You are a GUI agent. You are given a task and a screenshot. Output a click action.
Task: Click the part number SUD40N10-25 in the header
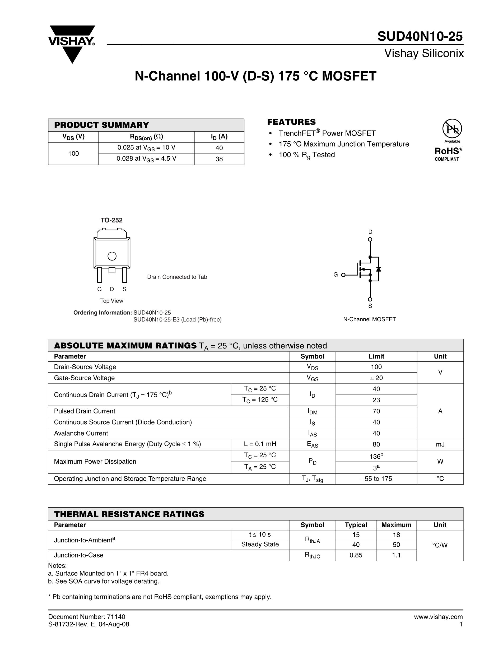click(420, 36)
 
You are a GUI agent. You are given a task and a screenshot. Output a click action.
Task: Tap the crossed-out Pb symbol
click(452, 129)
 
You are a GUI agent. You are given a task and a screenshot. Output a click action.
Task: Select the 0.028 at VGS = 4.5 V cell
click(146, 159)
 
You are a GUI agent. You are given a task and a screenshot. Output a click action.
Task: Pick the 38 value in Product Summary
click(219, 159)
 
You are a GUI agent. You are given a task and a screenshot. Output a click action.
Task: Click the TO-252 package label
click(111, 220)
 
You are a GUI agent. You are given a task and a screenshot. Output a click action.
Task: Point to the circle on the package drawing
click(112, 256)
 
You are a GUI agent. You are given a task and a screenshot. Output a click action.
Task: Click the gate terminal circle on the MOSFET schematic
click(343, 275)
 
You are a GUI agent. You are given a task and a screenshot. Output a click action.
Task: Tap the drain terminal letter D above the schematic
click(370, 232)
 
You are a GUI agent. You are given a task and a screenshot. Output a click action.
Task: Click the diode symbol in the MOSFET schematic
click(379, 269)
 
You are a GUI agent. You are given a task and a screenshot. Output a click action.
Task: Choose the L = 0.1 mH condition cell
click(260, 444)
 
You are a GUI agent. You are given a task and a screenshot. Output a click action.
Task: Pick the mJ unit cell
click(440, 444)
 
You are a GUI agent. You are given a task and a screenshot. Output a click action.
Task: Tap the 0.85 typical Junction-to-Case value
click(356, 555)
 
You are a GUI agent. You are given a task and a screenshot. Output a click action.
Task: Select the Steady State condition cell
click(260, 544)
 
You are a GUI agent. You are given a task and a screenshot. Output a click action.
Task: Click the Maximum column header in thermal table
click(396, 525)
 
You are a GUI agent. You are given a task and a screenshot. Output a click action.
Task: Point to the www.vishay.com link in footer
click(438, 617)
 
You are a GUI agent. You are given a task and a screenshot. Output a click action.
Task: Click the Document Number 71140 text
click(87, 617)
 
